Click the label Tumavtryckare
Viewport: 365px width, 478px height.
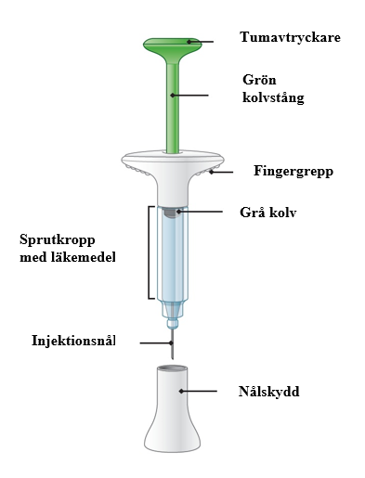290,37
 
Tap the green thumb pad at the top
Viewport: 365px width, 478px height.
173,45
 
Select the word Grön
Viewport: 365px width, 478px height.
259,80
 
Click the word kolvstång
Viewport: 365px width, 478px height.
273,97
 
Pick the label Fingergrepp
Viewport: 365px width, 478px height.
293,171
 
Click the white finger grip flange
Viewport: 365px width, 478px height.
173,163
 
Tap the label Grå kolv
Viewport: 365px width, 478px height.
268,213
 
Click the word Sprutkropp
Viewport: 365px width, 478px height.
58,240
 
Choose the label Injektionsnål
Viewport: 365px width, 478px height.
73,341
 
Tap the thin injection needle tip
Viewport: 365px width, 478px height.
172,358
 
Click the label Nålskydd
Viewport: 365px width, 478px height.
268,392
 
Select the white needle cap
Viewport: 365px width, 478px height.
172,408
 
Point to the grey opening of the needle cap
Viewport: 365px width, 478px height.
172,368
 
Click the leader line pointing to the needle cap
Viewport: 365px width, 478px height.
198,392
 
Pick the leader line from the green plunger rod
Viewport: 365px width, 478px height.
189,96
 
